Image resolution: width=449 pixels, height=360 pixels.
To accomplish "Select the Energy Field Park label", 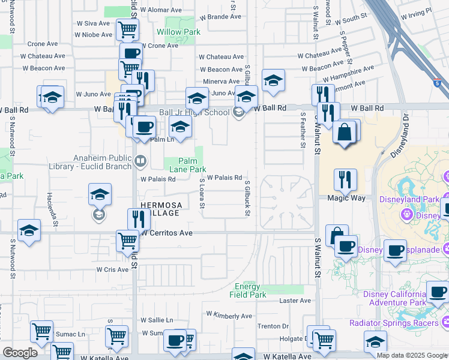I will [247, 290].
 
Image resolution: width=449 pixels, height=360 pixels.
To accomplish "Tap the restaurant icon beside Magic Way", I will [346, 179].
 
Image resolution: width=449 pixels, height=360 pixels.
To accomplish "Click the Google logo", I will [20, 352].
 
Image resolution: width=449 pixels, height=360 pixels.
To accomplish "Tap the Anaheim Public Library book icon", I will [140, 160].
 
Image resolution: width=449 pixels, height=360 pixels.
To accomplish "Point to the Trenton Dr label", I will [273, 326].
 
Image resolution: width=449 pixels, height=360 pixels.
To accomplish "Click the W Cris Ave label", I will [113, 270].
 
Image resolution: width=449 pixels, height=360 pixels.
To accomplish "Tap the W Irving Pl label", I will [416, 13].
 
